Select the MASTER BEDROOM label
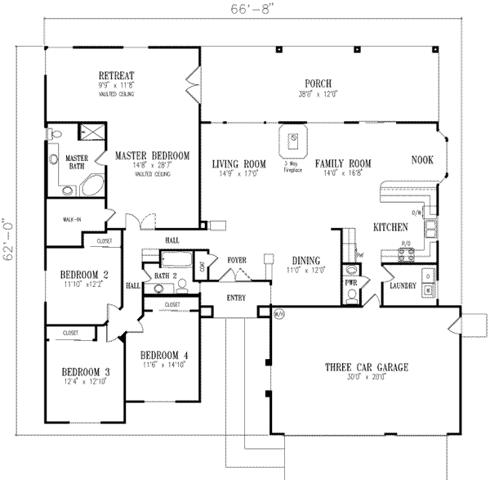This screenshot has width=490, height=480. (x=152, y=155)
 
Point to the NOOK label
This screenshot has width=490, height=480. (x=422, y=159)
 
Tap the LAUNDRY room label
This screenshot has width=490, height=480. (x=403, y=287)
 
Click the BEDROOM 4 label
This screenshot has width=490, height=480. (x=164, y=354)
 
